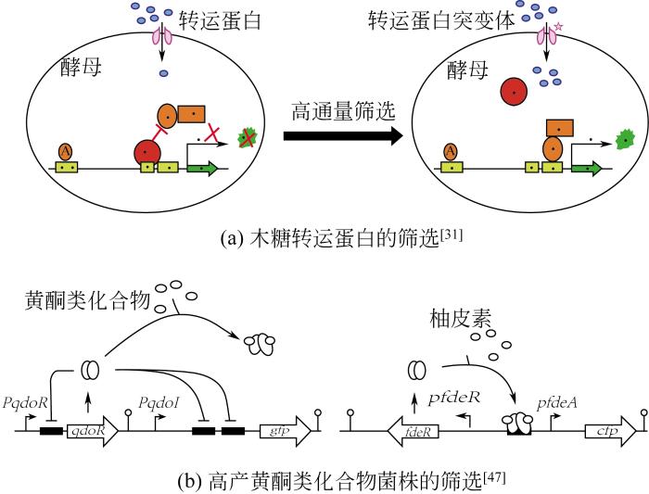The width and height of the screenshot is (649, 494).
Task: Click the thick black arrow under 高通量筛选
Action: (x=343, y=135)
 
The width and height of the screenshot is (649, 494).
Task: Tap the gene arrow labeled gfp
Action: (x=286, y=431)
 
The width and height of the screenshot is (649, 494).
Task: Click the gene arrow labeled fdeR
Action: (x=413, y=432)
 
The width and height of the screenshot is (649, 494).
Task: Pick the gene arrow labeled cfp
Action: (x=610, y=431)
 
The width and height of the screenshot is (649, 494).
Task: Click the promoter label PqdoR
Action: (x=25, y=403)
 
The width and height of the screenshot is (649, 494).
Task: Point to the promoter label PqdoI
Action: (x=159, y=402)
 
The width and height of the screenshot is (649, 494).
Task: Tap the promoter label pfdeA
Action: (x=557, y=403)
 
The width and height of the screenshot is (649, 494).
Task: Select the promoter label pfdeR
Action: (x=454, y=398)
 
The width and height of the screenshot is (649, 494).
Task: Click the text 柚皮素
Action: (x=460, y=319)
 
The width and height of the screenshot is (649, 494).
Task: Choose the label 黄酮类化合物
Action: (x=87, y=299)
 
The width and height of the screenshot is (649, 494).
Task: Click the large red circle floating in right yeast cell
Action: (x=514, y=93)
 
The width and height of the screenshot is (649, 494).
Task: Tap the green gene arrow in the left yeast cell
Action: (x=202, y=169)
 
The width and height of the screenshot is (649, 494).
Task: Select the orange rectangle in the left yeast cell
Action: (x=191, y=114)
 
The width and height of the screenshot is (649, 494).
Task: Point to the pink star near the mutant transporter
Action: (x=558, y=27)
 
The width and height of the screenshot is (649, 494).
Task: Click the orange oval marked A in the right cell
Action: (x=451, y=152)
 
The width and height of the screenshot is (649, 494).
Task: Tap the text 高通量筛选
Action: (x=343, y=112)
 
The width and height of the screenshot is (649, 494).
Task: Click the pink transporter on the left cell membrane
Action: (x=162, y=36)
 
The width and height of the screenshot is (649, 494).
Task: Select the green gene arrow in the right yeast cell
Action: (x=587, y=169)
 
